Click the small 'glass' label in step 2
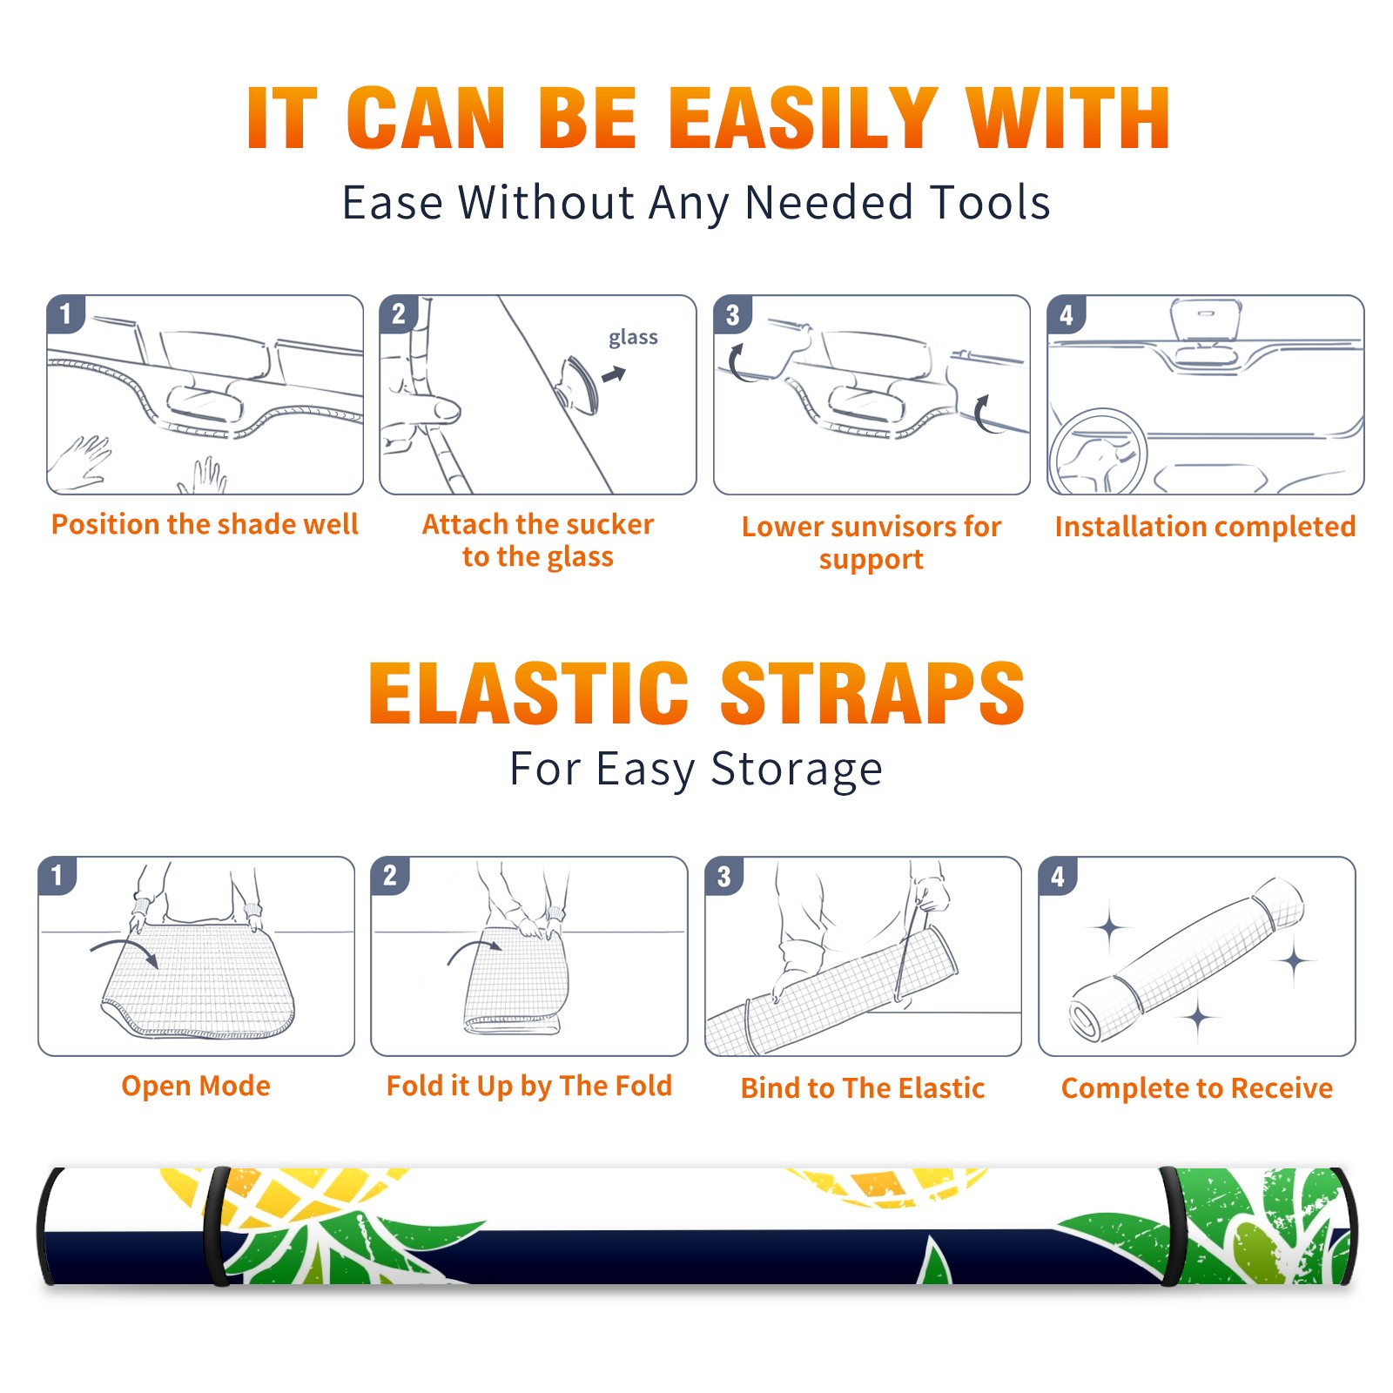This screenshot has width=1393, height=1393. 633,337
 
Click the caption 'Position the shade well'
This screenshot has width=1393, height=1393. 205,524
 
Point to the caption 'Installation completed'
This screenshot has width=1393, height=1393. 1205,526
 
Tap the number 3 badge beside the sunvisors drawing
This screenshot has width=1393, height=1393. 733,314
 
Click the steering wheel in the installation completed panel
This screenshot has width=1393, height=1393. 1098,451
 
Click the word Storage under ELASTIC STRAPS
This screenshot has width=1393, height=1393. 797,770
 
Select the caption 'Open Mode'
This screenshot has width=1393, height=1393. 196,1086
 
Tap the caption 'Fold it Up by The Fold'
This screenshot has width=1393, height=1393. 529,1086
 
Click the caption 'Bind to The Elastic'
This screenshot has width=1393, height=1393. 863,1087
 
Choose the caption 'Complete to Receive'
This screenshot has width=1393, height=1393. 1197,1088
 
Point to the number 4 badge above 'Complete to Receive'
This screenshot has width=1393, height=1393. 1058,876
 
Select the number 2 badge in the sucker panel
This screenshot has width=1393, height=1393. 399,314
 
